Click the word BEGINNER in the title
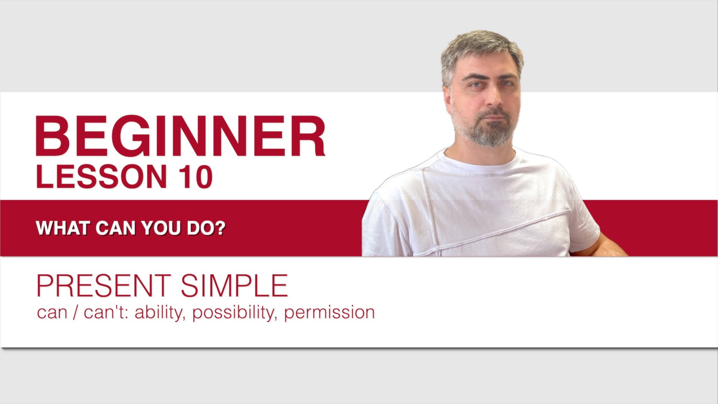(180, 136)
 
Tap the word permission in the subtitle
(329, 313)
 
